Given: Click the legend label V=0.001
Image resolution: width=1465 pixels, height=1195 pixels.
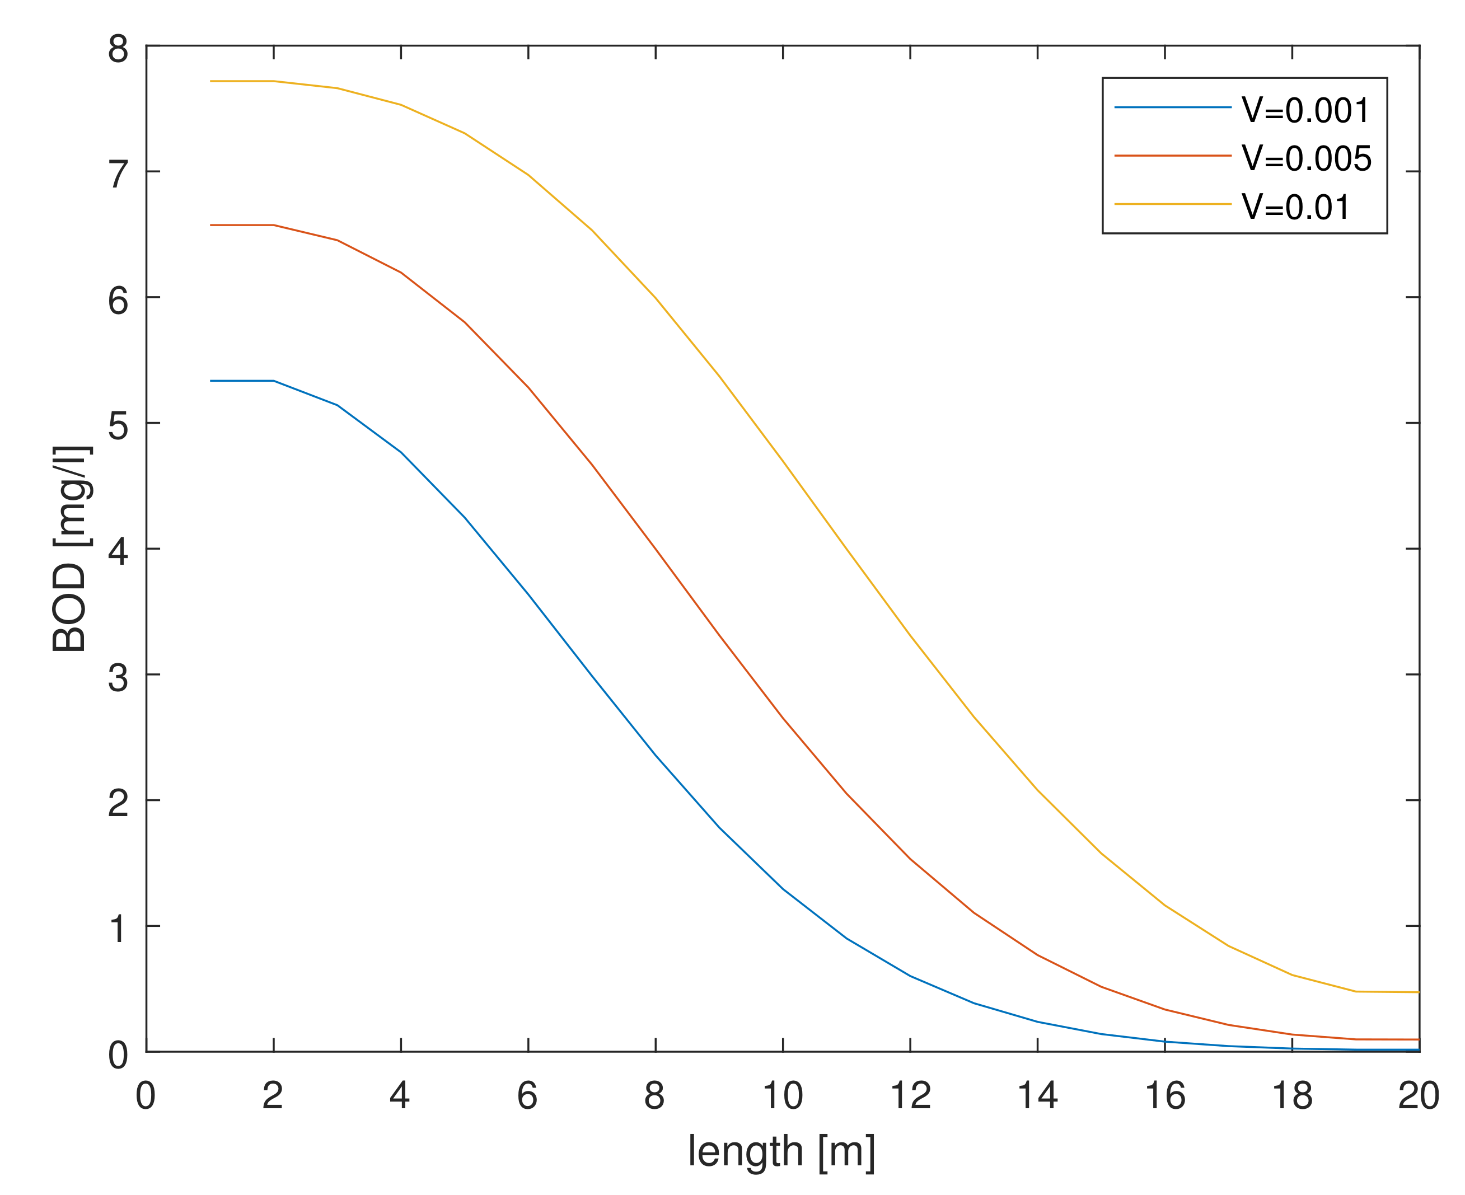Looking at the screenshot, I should (x=1305, y=110).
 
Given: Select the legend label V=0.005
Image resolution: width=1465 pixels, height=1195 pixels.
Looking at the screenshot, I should (x=1306, y=158).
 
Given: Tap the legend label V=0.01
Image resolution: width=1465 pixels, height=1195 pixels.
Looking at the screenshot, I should (x=1295, y=207).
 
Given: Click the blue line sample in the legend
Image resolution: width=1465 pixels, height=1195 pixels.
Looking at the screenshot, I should (x=1172, y=107).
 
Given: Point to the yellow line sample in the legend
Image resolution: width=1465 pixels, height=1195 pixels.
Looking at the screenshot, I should (x=1172, y=204).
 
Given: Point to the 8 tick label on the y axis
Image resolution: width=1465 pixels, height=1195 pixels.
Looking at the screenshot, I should (x=119, y=50).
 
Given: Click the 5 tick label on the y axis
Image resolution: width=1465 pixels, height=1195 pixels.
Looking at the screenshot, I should (x=119, y=426).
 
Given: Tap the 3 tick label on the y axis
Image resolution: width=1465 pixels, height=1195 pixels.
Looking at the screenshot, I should (x=119, y=677).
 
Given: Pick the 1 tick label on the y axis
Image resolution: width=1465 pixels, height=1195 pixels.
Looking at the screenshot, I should (x=119, y=929).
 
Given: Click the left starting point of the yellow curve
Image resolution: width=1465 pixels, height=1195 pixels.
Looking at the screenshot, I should (x=210, y=81).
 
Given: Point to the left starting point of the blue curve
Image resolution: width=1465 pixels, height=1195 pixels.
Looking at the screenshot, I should (x=210, y=381).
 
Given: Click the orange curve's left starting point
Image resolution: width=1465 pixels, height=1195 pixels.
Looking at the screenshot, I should (x=210, y=225).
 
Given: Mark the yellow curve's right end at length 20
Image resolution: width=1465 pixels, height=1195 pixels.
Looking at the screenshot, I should (x=1418, y=992).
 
